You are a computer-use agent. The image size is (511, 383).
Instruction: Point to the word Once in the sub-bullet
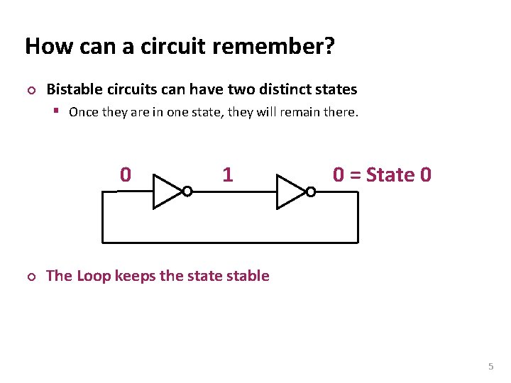83,112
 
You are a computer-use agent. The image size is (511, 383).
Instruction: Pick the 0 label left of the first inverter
126,174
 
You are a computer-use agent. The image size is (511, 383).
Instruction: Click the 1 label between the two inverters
227,174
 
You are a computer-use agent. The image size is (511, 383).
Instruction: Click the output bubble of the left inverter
187,191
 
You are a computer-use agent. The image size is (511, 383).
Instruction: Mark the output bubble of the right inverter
310,191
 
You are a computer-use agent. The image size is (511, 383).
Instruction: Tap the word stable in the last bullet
247,276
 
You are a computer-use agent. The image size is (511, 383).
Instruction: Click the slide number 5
490,367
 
